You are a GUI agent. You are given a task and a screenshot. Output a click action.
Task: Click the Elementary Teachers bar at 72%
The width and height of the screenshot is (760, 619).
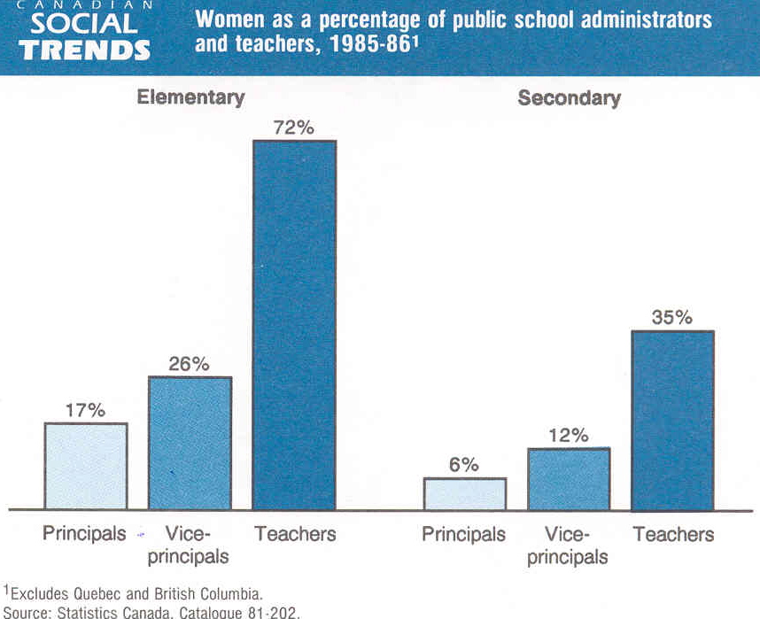tap(294, 325)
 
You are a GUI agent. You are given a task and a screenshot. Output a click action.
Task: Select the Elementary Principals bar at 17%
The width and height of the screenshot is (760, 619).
tap(86, 466)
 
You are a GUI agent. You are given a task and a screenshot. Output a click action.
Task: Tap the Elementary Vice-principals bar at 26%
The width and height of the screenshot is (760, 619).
tap(190, 443)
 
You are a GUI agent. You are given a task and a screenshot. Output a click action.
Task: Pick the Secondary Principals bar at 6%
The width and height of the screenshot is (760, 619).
tap(464, 494)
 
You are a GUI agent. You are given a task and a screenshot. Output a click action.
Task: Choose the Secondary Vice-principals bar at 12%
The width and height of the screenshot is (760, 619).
tap(568, 479)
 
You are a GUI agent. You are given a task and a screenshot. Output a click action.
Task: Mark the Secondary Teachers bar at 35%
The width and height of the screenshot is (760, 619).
tap(672, 421)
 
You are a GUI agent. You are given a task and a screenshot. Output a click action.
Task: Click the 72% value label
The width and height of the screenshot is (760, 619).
tap(293, 128)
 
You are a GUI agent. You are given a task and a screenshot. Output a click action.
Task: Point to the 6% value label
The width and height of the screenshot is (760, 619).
tap(463, 465)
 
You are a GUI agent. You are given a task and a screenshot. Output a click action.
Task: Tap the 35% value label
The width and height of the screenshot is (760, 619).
tap(671, 317)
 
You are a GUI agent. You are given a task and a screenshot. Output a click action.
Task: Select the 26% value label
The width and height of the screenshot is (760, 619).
tap(189, 364)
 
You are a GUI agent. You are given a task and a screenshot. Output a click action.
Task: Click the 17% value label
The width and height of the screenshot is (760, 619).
tap(85, 410)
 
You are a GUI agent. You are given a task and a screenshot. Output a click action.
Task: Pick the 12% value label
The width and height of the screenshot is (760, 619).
tap(568, 435)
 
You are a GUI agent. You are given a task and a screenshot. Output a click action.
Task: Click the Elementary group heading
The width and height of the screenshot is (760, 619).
tap(190, 97)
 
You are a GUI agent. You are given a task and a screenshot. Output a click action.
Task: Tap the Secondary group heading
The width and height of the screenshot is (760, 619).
tap(569, 98)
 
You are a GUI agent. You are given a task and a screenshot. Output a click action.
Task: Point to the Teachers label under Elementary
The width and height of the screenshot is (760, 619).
tap(295, 534)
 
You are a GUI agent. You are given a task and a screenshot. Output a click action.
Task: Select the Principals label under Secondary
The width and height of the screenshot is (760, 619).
tap(463, 534)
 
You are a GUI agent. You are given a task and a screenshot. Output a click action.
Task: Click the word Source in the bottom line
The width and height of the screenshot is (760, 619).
tap(26, 612)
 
